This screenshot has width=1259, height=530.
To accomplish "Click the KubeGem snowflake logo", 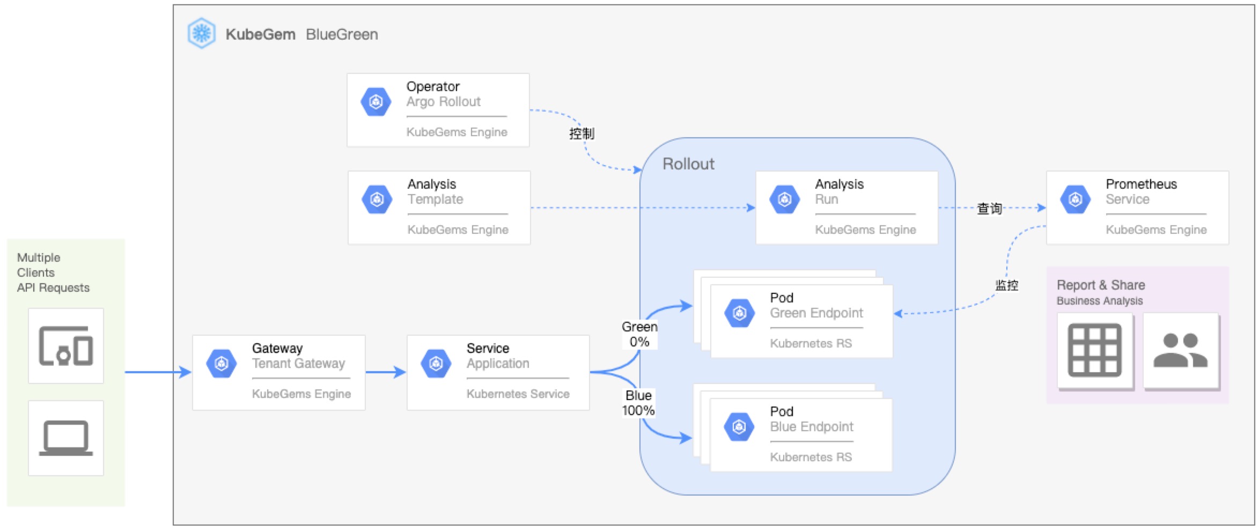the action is tap(202, 33).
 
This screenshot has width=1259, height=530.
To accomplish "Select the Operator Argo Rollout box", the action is tap(438, 110).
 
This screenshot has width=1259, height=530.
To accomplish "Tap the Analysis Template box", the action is tap(439, 208).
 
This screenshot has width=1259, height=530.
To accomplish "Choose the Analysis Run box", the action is tap(847, 208).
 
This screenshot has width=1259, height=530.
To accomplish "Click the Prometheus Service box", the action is tap(1138, 208).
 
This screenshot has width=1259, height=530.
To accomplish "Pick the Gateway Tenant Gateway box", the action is tap(279, 373).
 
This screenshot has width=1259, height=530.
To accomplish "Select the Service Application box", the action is tap(498, 373).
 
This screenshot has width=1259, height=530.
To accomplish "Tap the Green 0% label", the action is tap(639, 334).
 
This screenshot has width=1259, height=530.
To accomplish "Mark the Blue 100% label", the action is tap(638, 403).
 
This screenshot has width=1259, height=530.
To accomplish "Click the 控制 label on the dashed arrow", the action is tap(581, 134).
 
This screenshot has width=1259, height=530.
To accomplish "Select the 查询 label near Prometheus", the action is tap(990, 208).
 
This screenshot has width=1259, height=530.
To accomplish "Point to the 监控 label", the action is tap(1007, 285).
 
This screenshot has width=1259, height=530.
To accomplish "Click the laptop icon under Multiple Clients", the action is tap(66, 438).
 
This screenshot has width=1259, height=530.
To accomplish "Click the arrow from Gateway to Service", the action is tap(386, 372).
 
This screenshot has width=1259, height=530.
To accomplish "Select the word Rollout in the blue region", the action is tap(688, 164).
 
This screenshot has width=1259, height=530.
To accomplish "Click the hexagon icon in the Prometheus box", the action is tap(1076, 200).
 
